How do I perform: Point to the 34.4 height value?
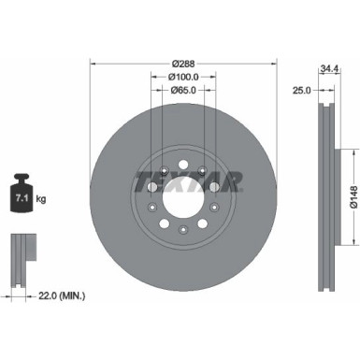pos(327,69)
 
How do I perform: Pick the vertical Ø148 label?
pos(352,194)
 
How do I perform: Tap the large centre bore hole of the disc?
pos(182,198)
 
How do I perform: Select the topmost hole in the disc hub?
pos(183,162)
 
